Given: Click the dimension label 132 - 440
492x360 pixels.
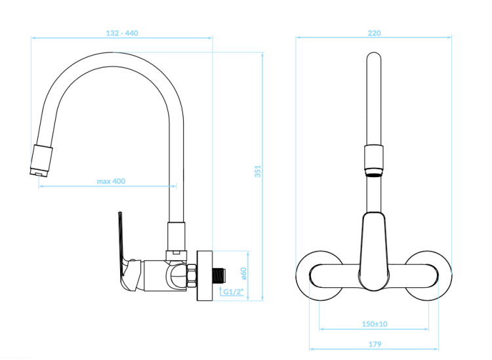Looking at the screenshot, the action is point(122,33).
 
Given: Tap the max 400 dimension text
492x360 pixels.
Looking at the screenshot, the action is point(111,181).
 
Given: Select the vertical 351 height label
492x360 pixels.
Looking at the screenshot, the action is point(258,171).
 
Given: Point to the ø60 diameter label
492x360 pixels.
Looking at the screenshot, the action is point(243,273).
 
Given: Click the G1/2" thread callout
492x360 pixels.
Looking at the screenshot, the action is point(234,292).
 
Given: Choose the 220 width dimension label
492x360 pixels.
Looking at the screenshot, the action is point(375,33).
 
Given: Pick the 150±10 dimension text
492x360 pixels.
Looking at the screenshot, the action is point(375,324).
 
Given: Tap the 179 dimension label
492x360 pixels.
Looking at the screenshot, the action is point(375,344).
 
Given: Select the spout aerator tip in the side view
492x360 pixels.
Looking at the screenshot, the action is point(41,160).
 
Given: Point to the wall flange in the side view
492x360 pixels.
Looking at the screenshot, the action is point(205,275).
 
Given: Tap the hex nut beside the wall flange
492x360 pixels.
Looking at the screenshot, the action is point(192,275).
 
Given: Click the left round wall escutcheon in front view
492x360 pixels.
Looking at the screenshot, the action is point(319,275).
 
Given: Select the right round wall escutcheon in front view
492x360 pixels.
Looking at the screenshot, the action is point(428,275).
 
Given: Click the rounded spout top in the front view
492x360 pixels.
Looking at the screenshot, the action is point(374,57).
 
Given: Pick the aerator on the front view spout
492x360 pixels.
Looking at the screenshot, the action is point(374,161).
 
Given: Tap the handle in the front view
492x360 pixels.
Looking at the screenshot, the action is point(374,251).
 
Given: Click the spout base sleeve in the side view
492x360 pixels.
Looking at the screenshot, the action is point(176,236).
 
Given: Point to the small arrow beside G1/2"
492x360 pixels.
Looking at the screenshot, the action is point(220,290).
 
